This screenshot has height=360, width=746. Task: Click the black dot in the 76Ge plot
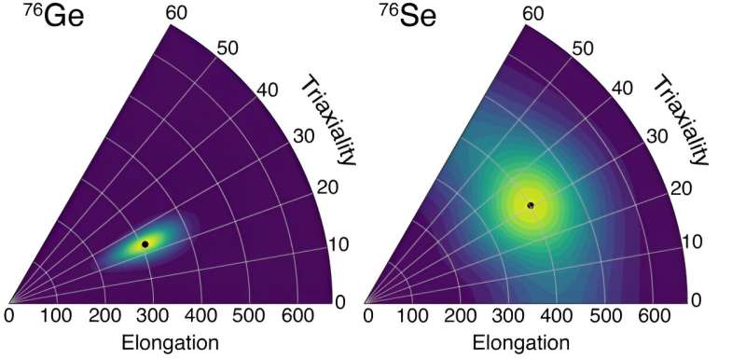tap(145, 243)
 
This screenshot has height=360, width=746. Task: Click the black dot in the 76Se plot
tap(531, 205)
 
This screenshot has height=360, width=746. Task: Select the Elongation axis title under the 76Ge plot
tap(171, 343)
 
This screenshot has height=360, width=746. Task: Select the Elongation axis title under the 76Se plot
tap(525, 343)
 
